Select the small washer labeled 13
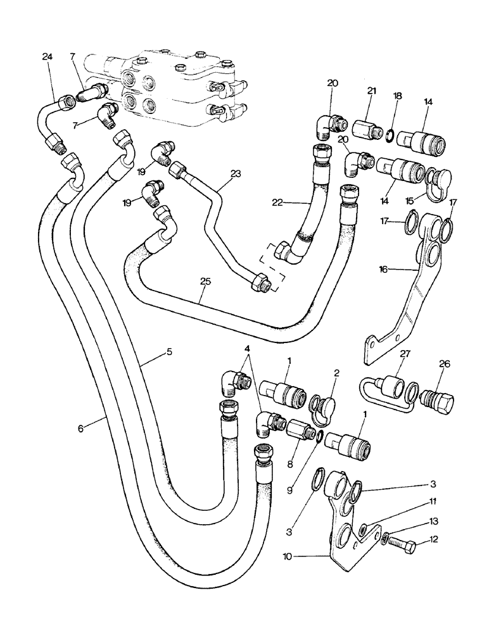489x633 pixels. [386, 539]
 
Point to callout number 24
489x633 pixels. [46, 57]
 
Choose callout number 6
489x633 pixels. [81, 429]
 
